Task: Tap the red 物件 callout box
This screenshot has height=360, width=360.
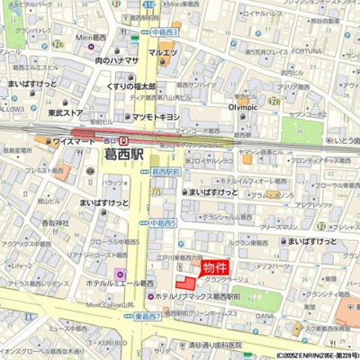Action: point(215,267)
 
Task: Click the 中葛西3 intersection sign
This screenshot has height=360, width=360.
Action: point(165,31)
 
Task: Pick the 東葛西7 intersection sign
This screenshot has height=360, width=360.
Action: point(147,317)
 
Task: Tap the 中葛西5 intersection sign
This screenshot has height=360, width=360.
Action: point(163,222)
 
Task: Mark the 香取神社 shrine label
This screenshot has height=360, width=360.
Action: point(54,222)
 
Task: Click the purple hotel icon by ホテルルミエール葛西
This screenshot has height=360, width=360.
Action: point(121,273)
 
